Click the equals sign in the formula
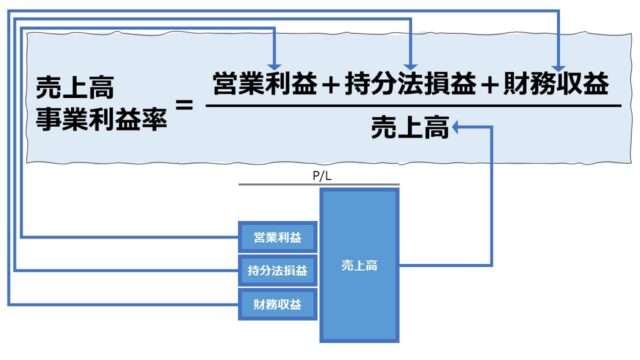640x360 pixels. pyautogui.click(x=184, y=103)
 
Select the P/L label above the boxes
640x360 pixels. pyautogui.click(x=320, y=175)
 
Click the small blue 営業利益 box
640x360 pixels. pyautogui.click(x=277, y=237)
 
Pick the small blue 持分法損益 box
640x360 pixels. pyautogui.click(x=277, y=270)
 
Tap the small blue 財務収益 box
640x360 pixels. pyautogui.click(x=277, y=303)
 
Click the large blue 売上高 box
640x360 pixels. pyautogui.click(x=359, y=265)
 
